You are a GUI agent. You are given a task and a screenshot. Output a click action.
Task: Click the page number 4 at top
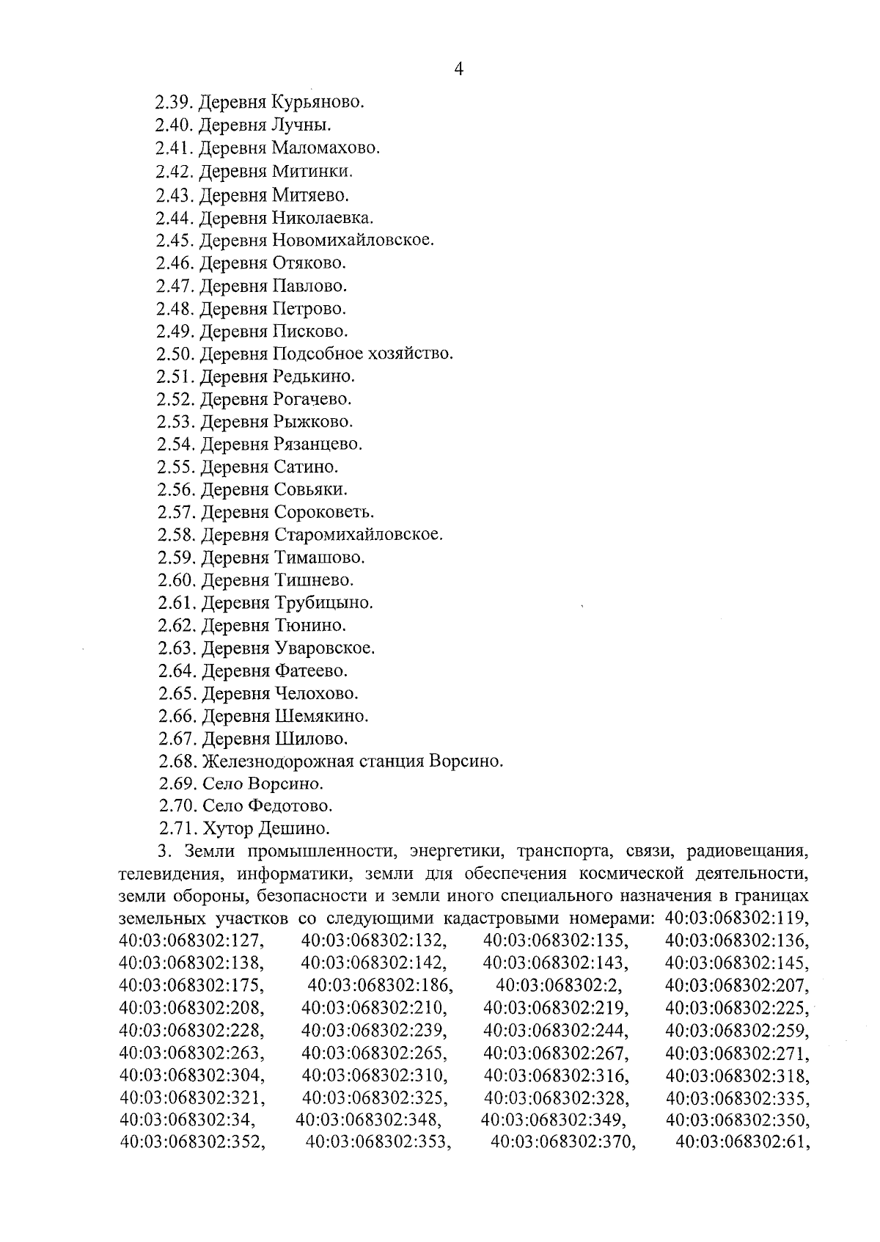click(459, 70)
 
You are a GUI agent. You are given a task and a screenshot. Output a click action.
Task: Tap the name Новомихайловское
click(353, 241)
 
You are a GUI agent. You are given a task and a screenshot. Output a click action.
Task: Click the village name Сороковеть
click(324, 512)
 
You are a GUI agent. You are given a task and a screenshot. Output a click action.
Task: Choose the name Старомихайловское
click(359, 535)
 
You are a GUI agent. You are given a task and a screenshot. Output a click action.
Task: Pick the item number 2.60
click(175, 581)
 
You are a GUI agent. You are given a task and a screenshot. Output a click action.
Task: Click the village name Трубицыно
click(324, 604)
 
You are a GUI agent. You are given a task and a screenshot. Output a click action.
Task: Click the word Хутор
click(228, 829)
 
